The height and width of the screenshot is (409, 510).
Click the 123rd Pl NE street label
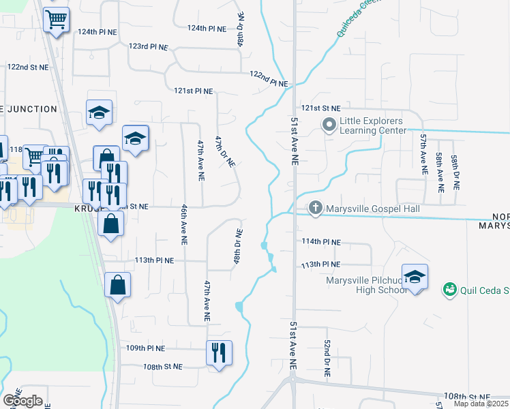pos(148,47)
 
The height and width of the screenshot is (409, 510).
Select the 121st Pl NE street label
pos(194,91)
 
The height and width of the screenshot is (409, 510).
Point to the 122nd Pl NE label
pos(269,78)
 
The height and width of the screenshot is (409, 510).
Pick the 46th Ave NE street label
pos(184,224)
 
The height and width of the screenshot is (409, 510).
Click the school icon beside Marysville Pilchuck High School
pos(415,277)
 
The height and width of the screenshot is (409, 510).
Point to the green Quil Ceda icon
pos(450,291)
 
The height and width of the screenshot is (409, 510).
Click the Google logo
pos(22,401)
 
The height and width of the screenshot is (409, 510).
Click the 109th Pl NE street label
pos(145,348)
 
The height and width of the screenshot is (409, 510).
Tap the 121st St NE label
pos(321,108)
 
